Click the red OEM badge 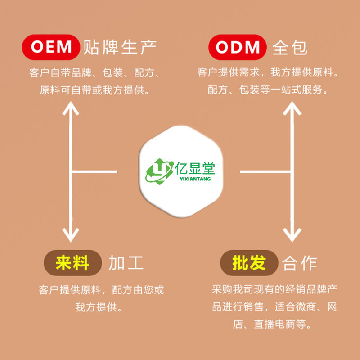click(52, 47)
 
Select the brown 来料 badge click(72, 263)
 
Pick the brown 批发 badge click(249, 263)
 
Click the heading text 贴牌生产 click(119, 47)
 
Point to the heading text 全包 click(290, 47)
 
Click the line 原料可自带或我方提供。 click(94, 90)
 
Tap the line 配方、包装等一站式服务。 click(267, 90)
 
